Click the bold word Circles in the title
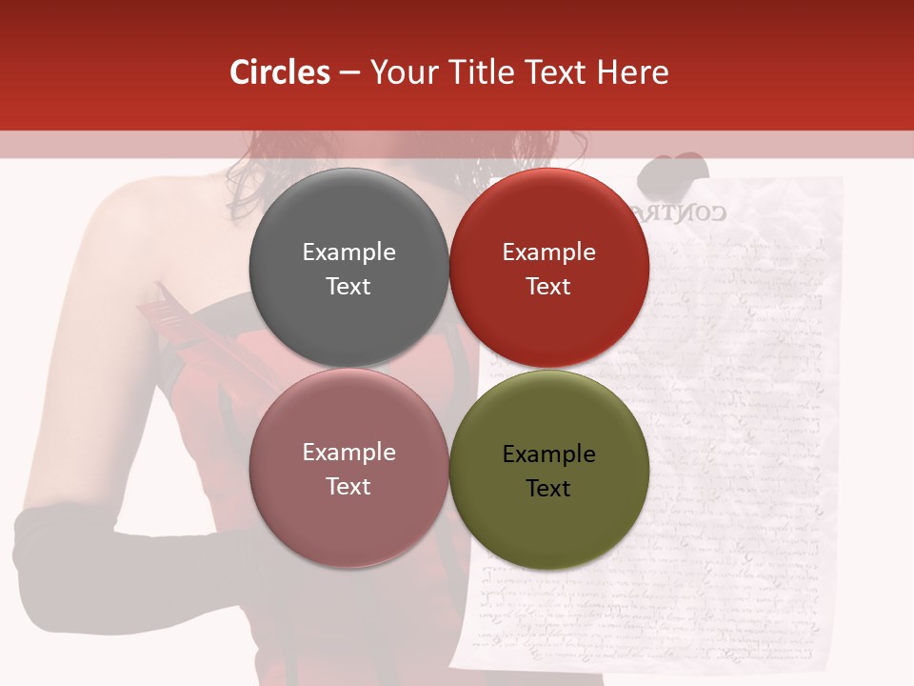coord(280,72)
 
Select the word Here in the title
coord(633,72)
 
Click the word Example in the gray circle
coord(348,252)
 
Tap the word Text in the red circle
coord(548,287)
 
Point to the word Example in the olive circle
coord(548,454)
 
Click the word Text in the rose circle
coord(348,487)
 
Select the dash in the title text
coord(349,72)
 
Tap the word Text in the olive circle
coord(548,489)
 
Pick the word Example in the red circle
coord(548,252)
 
